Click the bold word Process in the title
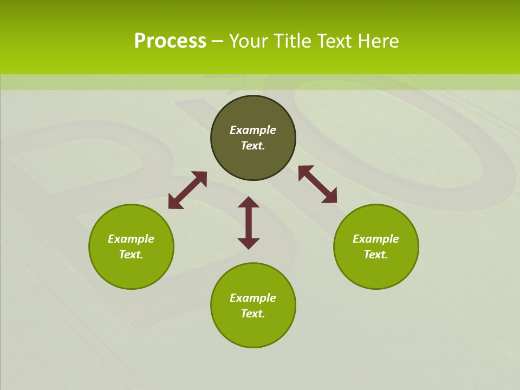pos(170,41)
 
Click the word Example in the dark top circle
pos(253,130)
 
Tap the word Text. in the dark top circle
pos(253,146)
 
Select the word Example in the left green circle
pos(131,239)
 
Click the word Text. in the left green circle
pos(131,255)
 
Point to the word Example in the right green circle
pos(376,239)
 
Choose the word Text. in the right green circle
pos(376,255)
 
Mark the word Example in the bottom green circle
pos(253,298)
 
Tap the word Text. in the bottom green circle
pos(253,314)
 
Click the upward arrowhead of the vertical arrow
pos(249,202)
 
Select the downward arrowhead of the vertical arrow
pos(249,244)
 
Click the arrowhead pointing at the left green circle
pos(174,203)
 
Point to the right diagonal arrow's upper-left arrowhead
pos(304,171)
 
